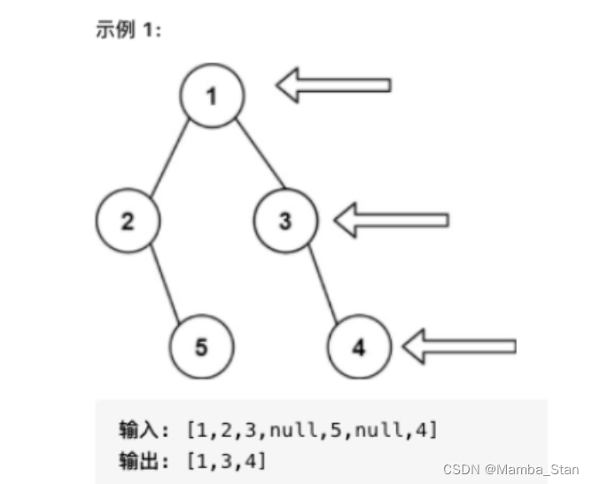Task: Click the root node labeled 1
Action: click(211, 96)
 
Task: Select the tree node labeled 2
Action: click(129, 221)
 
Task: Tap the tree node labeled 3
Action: click(284, 221)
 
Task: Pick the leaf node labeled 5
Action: click(201, 347)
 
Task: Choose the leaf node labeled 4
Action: click(359, 347)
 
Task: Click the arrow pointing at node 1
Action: click(333, 85)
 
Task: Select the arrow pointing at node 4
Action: click(457, 345)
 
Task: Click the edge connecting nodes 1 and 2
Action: click(169, 158)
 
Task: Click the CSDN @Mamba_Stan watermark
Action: click(511, 469)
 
